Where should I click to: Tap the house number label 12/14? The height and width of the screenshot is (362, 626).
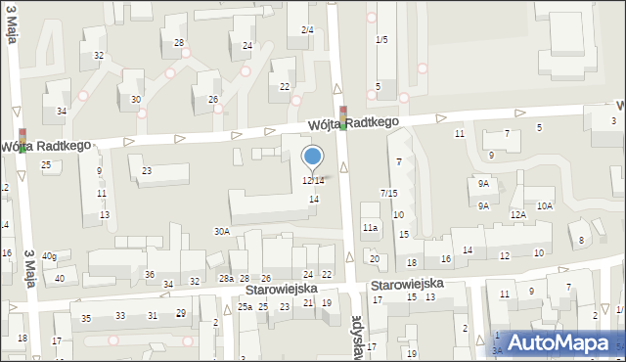coord(313,180)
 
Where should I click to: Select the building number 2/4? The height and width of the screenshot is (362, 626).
coord(307,30)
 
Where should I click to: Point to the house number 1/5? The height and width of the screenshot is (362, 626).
coord(381,39)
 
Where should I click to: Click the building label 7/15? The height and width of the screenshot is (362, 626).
coord(388,193)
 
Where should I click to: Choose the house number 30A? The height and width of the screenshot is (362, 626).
coord(222,232)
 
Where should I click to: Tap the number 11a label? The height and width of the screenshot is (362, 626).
coord(370,227)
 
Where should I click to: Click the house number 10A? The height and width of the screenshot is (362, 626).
coord(544,205)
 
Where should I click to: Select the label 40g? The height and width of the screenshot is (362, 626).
coord(49,256)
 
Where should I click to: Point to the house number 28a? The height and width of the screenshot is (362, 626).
coord(226,279)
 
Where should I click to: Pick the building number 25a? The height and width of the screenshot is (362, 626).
coord(245,306)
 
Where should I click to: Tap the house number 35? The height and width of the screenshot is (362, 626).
coord(86,318)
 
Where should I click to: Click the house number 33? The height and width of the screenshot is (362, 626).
coord(120,315)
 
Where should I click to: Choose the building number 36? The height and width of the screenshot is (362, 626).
coord(150,274)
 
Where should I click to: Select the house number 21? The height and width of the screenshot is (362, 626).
coord(307,303)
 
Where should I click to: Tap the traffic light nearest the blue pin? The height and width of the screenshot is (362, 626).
coord(342,118)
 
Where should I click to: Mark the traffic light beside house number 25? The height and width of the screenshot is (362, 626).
coord(22,140)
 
